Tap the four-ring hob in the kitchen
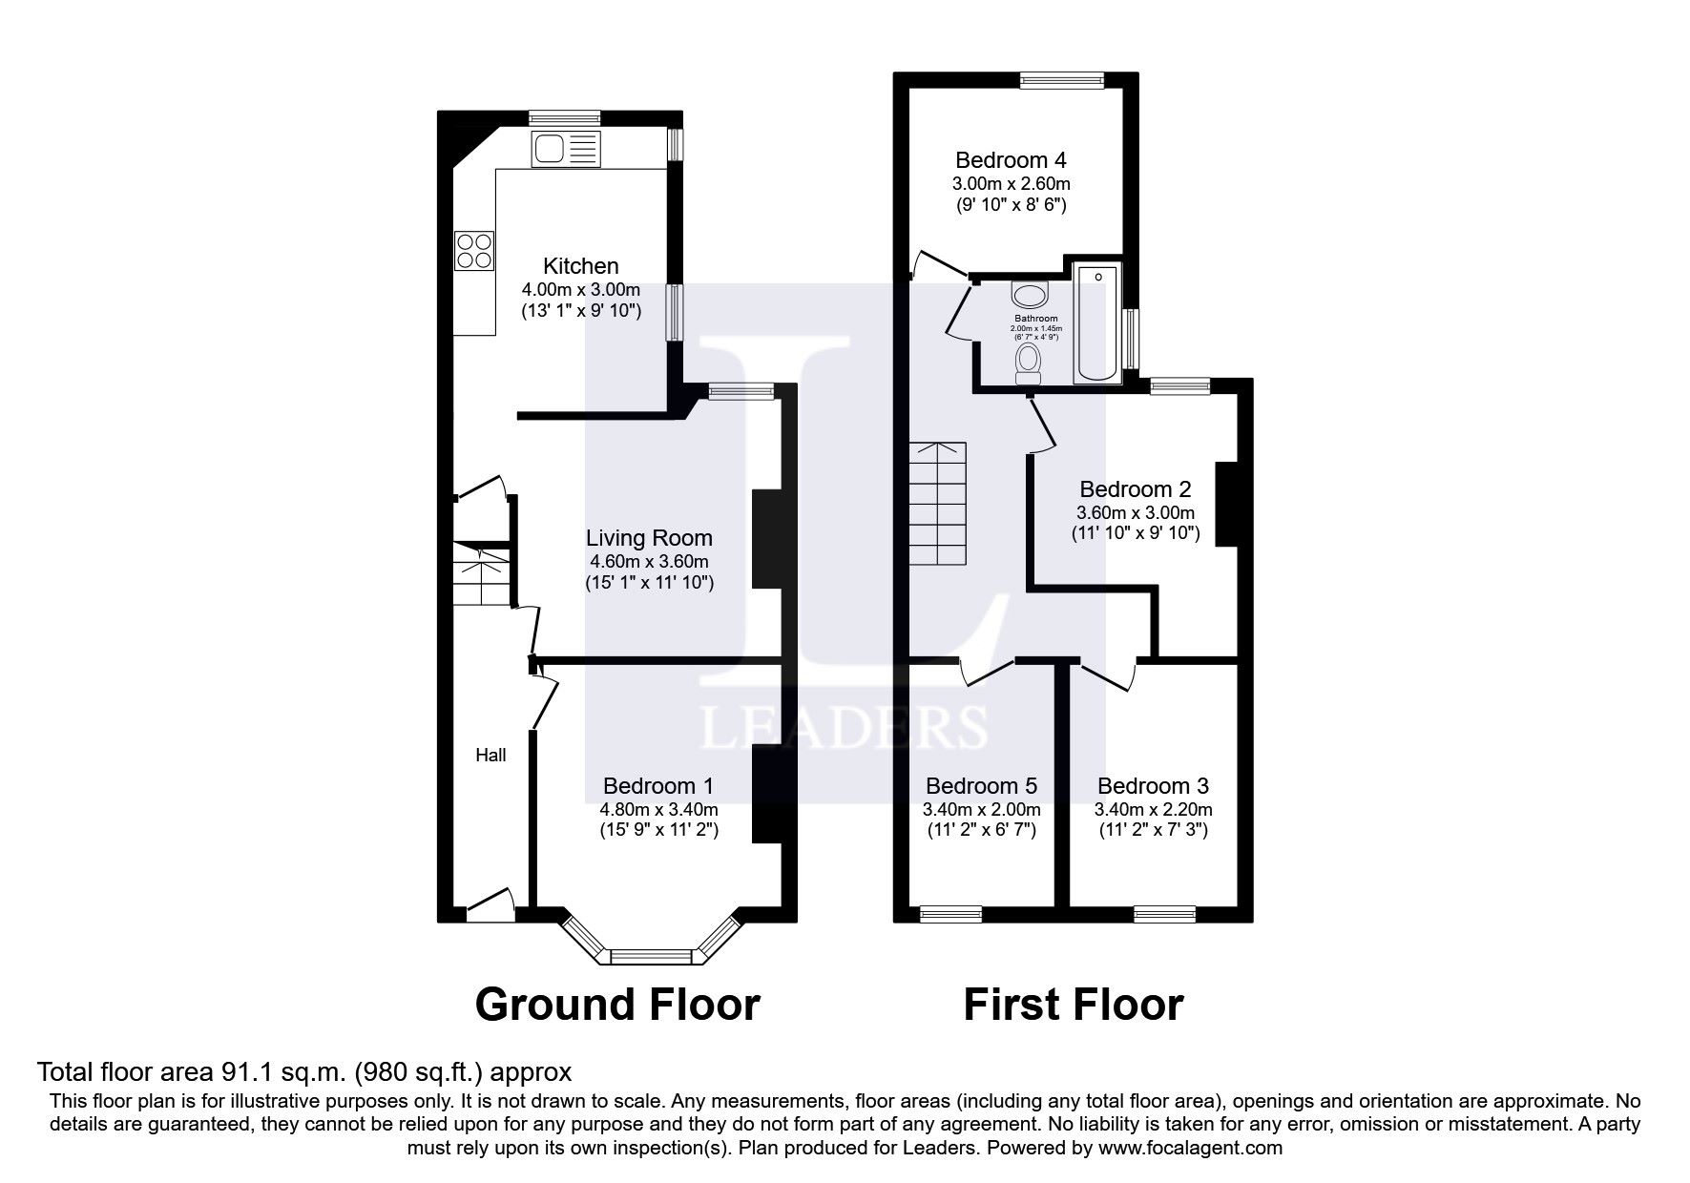pyautogui.click(x=474, y=250)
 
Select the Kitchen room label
pyautogui.click(x=580, y=266)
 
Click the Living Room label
pyautogui.click(x=649, y=538)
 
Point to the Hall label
pyautogui.click(x=490, y=755)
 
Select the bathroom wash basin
pyautogui.click(x=1029, y=293)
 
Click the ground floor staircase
pyautogui.click(x=481, y=577)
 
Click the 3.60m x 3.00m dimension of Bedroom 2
pyautogui.click(x=1135, y=512)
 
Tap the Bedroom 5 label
pyautogui.click(x=981, y=786)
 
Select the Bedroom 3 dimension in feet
pyautogui.click(x=1153, y=830)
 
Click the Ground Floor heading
pyautogui.click(x=617, y=1005)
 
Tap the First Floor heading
pyautogui.click(x=1074, y=1005)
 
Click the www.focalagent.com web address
pyautogui.click(x=1190, y=1148)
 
